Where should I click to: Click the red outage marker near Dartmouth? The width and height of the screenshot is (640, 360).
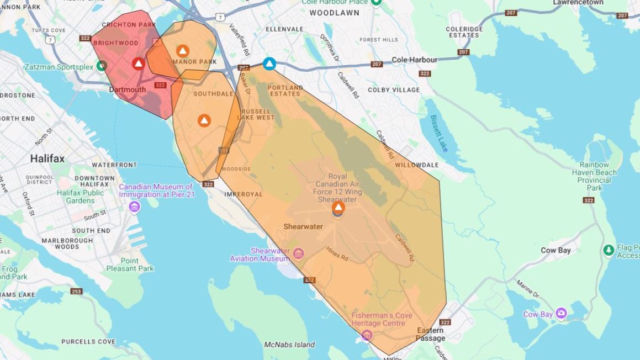tap(138, 63)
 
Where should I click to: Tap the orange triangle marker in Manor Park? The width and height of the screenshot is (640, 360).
tap(182, 51)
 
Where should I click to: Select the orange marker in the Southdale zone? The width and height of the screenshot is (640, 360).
tap(204, 120)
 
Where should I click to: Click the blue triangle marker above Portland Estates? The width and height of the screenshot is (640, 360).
tap(269, 63)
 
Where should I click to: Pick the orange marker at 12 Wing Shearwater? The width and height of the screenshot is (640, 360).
tap(338, 208)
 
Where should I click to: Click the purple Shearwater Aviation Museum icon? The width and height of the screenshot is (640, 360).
tap(298, 253)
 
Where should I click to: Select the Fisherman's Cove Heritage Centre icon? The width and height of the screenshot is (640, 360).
tap(366, 335)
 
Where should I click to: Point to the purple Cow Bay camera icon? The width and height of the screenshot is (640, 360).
tap(561, 314)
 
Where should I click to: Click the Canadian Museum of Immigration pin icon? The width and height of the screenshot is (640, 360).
tap(134, 207)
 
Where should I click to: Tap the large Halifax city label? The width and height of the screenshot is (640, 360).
tap(47, 158)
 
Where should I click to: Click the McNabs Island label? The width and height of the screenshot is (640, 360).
tap(289, 345)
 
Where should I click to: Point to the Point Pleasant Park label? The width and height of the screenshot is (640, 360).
tap(130, 264)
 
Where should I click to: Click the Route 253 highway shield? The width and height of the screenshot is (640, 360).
tap(76, 291)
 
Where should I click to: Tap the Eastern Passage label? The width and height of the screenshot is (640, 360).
tap(430, 334)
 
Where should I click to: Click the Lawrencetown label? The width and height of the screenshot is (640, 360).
tap(578, 3)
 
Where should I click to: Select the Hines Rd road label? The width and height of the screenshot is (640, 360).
tap(337, 254)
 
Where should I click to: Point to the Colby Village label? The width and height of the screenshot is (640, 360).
tap(394, 89)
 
